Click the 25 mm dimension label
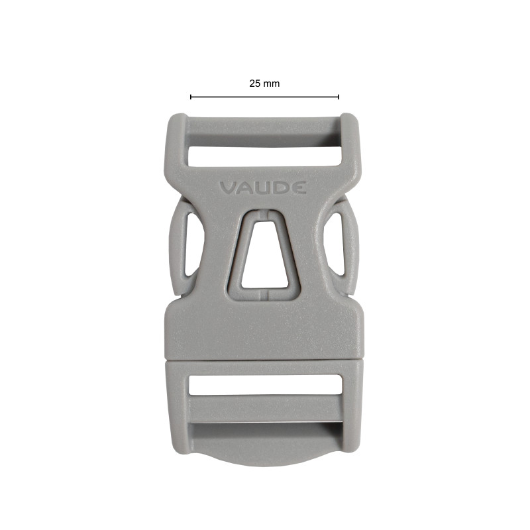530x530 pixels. tap(264, 83)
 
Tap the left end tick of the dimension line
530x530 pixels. tap(191, 97)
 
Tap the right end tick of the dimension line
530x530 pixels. tap(339, 97)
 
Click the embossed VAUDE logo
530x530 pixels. tap(263, 188)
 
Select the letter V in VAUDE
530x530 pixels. tap(228, 188)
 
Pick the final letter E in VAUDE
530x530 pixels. tap(299, 188)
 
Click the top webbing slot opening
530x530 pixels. tap(264, 156)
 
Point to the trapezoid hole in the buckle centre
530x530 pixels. tap(264, 255)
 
